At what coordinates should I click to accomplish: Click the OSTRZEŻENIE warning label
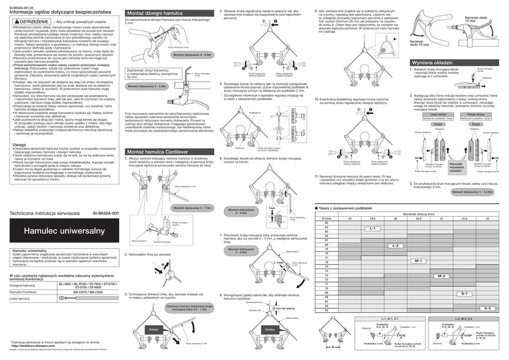31,22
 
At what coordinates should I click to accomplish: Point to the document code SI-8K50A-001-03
21,7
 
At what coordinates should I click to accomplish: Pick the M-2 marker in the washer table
441,276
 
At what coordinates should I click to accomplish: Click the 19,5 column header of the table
372,219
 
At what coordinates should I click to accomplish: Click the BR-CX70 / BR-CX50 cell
88,292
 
